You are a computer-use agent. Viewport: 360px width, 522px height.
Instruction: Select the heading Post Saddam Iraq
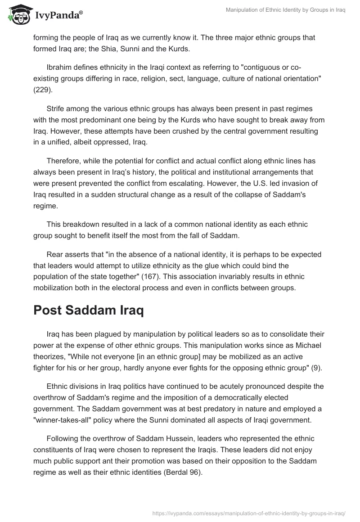pyautogui.click(x=89, y=311)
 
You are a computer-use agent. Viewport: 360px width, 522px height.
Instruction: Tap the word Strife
pyautogui.click(x=57, y=108)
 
